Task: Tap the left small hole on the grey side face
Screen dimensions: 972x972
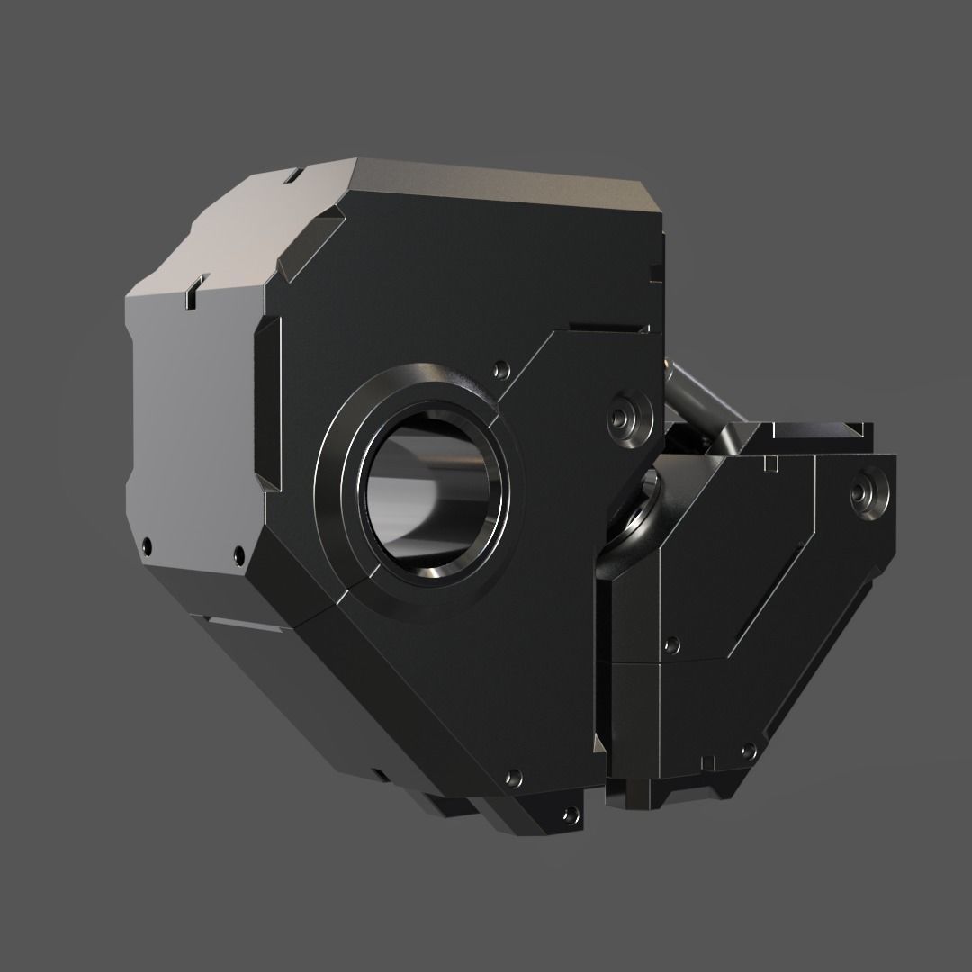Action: point(147,543)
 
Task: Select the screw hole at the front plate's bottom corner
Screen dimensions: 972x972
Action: point(514,776)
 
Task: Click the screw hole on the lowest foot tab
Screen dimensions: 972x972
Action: point(569,816)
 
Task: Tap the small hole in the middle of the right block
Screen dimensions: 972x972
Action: point(670,643)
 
